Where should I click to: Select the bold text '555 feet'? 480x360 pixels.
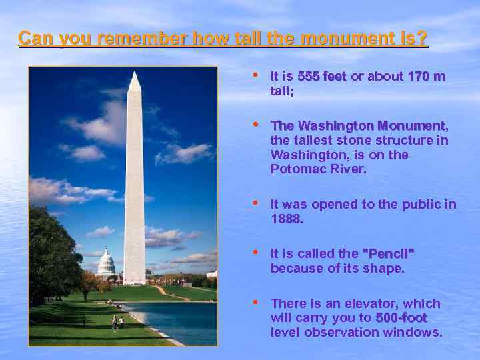pyautogui.click(x=321, y=77)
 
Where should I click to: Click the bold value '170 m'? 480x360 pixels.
pyautogui.click(x=426, y=77)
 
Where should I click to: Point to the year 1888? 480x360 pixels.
pyautogui.click(x=287, y=219)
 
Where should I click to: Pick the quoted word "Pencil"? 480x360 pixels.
pyautogui.click(x=387, y=254)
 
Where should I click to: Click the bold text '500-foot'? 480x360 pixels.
pyautogui.click(x=401, y=318)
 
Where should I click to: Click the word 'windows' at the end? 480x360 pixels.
pyautogui.click(x=416, y=332)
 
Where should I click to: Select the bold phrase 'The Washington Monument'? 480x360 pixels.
pyautogui.click(x=357, y=126)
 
